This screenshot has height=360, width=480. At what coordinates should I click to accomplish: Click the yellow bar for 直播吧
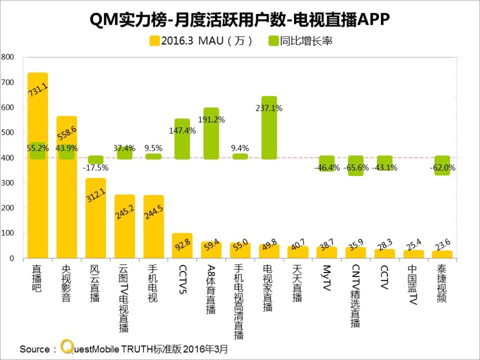37,167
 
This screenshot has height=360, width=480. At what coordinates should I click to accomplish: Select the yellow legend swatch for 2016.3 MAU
154,41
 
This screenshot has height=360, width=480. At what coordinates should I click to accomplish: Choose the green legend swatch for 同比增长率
273,41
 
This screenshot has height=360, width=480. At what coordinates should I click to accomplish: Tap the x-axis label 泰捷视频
442,283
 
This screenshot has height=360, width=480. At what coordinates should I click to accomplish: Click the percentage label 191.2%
211,120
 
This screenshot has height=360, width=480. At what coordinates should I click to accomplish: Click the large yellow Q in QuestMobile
66,347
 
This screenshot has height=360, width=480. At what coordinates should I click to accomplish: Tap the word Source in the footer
34,349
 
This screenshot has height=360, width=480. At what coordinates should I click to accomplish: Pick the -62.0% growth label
442,167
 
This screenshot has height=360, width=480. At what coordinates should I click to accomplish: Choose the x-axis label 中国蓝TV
413,286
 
